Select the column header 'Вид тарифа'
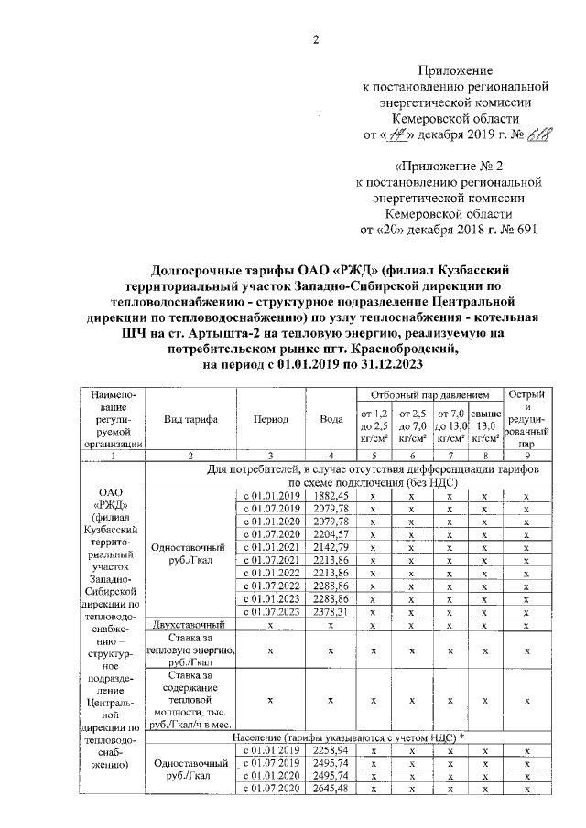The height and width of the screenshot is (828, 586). point(190,419)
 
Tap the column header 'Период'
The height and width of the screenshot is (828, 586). point(270,419)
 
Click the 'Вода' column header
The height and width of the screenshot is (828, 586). point(331,419)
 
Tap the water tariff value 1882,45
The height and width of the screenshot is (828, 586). point(331,494)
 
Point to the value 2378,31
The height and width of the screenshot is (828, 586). point(331,611)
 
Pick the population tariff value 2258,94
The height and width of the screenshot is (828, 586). point(331,749)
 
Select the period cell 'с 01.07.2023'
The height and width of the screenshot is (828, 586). point(270,611)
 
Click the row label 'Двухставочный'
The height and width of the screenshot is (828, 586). point(190,625)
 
